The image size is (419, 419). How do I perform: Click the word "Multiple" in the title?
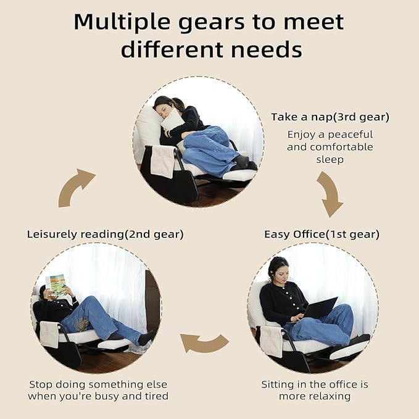click(x=122, y=22)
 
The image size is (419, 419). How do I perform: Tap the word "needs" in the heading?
click(x=267, y=50)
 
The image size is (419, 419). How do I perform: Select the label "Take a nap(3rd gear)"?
click(x=330, y=117)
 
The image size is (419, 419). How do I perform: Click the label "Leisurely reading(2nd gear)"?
click(x=106, y=234)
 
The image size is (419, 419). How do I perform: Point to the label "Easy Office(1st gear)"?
click(x=322, y=234)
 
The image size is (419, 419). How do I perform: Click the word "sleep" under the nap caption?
click(x=330, y=160)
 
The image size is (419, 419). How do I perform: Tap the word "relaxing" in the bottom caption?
click(x=315, y=396)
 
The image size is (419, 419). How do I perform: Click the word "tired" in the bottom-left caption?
click(x=157, y=396)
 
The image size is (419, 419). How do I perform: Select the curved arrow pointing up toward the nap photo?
click(x=75, y=187)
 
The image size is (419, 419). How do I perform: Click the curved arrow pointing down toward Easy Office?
click(x=330, y=193)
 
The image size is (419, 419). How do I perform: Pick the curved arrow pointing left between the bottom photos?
click(x=204, y=343)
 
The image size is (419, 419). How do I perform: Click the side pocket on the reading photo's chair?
click(x=49, y=334)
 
